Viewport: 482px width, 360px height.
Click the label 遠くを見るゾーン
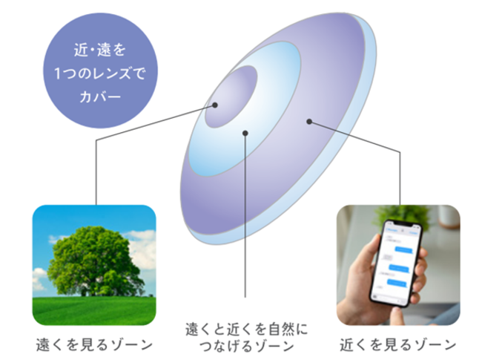click(x=94, y=344)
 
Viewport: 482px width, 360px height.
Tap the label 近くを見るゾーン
click(x=398, y=344)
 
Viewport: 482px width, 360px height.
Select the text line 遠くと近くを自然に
click(x=246, y=330)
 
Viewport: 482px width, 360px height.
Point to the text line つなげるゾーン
click(x=246, y=346)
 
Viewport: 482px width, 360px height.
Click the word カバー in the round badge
click(x=100, y=97)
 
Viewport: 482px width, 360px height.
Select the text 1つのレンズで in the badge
click(x=100, y=73)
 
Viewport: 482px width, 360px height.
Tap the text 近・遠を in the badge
click(x=100, y=50)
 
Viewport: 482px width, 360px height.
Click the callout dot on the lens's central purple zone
click(x=215, y=105)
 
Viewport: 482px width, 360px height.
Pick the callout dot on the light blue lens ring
click(x=245, y=133)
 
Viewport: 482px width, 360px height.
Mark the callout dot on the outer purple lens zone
click(x=309, y=122)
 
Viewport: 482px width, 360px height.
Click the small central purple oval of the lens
click(x=231, y=96)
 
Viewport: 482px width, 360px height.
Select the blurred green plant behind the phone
click(x=403, y=215)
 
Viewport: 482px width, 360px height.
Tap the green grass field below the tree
click(x=94, y=310)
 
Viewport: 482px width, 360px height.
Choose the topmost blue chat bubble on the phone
click(x=403, y=249)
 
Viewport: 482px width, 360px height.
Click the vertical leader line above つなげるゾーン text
click(x=245, y=215)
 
